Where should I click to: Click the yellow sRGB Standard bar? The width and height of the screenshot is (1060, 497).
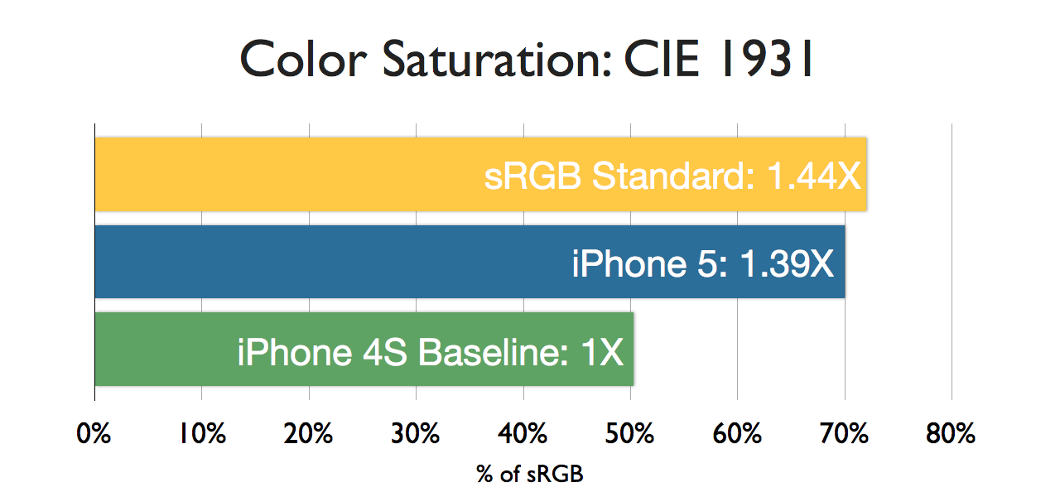(480, 174)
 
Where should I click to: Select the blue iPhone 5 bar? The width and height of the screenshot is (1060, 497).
(470, 262)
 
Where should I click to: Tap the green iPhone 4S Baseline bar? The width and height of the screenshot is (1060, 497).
(364, 349)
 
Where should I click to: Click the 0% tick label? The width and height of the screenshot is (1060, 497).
(94, 433)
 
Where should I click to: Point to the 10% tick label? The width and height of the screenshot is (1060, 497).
(202, 433)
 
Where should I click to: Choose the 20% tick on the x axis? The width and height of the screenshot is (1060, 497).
(309, 433)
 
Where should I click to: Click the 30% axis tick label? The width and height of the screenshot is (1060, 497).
(416, 433)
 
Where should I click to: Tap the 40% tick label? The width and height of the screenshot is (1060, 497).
(523, 433)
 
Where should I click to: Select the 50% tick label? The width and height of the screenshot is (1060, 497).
(630, 433)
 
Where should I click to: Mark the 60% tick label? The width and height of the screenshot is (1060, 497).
(737, 433)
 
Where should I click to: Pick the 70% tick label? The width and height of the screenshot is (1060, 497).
(845, 433)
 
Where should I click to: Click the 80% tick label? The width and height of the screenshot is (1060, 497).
(952, 433)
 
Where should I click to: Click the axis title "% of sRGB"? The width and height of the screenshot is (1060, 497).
(530, 474)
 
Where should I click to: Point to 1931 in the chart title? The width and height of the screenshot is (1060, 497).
(767, 59)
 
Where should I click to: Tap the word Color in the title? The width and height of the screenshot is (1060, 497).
(303, 59)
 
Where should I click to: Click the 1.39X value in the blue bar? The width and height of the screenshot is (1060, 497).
(787, 263)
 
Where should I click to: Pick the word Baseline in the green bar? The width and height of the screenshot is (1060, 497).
(493, 352)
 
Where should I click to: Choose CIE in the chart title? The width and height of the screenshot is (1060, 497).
(662, 59)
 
